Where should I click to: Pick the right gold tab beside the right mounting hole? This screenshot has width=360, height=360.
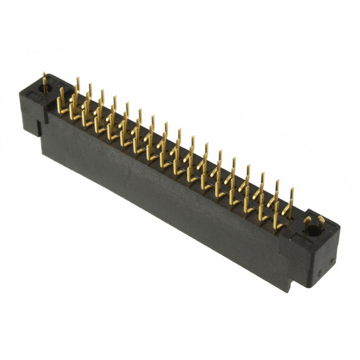[x=320, y=223]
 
